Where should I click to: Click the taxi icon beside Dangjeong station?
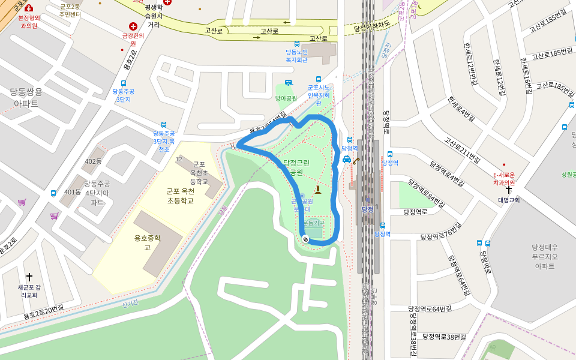pos(347,159)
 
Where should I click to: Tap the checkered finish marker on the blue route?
pos(305,239)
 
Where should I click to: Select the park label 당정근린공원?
pos(296,167)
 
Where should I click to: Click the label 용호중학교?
pos(147,242)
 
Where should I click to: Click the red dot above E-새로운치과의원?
pos(504,165)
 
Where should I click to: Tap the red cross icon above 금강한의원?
pos(133,26)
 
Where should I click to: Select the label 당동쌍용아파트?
pos(26,97)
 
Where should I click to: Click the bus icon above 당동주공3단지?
pos(124,83)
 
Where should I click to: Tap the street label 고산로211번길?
pos(462,149)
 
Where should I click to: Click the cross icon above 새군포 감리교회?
pos(29,277)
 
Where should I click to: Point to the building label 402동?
pos(93,161)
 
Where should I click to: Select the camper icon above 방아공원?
pos(289,83)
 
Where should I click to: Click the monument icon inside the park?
pos(318,190)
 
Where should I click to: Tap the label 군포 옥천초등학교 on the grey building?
pos(198,173)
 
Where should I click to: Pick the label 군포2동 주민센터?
pos(70,10)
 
